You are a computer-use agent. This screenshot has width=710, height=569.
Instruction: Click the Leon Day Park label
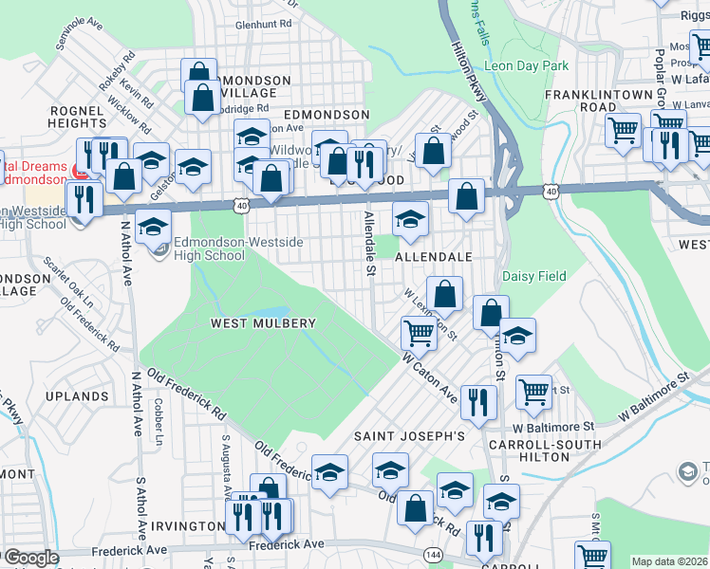[x=526, y=66]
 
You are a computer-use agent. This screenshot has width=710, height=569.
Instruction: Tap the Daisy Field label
[x=532, y=277]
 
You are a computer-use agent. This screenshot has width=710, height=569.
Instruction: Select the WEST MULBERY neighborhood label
[x=262, y=323]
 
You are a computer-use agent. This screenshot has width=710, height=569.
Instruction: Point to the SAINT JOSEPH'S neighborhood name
[x=409, y=436]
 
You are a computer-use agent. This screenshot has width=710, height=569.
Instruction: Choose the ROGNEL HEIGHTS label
[x=78, y=117]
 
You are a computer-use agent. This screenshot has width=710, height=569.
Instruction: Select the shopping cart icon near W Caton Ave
[x=419, y=332]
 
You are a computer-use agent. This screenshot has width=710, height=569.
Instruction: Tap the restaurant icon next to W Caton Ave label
[x=477, y=400]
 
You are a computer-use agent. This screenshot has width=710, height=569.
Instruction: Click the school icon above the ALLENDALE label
[x=410, y=218]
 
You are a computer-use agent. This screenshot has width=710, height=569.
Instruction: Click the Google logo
[x=31, y=558]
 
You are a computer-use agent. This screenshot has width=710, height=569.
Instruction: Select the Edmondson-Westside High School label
[x=211, y=248]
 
